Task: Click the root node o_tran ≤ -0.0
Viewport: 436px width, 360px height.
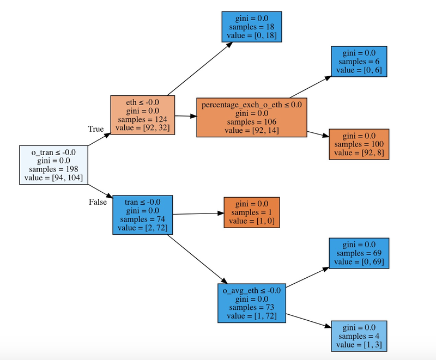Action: pyautogui.click(x=53, y=164)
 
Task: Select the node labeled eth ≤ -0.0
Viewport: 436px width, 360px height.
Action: pyautogui.click(x=142, y=115)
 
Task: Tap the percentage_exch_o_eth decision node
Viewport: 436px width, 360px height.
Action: pyautogui.click(x=251, y=117)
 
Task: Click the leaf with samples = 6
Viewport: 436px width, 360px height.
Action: pyautogui.click(x=359, y=62)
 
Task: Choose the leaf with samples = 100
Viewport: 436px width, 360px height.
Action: pyautogui.click(x=360, y=144)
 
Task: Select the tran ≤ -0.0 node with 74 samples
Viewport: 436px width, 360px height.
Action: pyautogui.click(x=142, y=215)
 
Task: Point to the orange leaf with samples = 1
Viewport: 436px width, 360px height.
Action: pyautogui.click(x=252, y=212)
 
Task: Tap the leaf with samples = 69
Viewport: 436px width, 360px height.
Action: pyautogui.click(x=360, y=253)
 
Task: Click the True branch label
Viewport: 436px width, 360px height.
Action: pyautogui.click(x=96, y=129)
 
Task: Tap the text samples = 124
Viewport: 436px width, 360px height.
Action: pyautogui.click(x=142, y=119)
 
